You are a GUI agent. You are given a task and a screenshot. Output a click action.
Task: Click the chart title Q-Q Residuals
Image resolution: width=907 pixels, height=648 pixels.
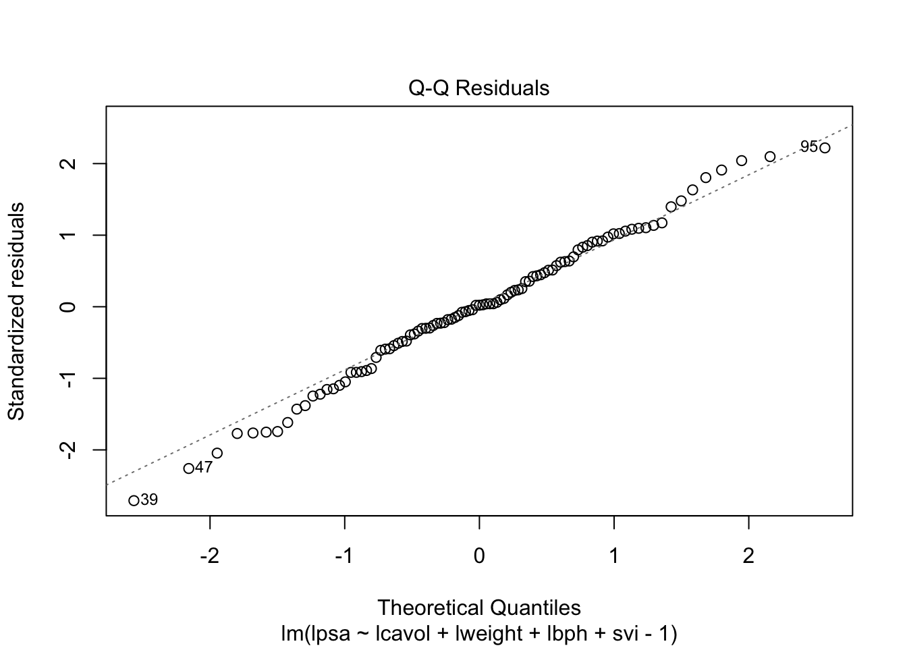479,88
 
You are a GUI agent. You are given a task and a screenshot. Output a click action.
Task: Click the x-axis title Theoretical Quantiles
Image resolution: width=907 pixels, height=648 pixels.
479,607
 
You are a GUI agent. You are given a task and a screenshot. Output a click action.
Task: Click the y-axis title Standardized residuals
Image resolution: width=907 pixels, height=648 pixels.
16,310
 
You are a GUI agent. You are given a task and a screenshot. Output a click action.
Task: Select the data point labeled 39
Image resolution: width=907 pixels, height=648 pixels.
134,500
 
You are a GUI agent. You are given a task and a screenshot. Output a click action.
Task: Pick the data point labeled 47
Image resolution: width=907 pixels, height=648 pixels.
189,468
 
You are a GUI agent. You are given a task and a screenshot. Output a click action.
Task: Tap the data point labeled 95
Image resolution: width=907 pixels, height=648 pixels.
825,148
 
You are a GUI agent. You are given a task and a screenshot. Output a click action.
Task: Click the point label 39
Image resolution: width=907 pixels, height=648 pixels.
149,500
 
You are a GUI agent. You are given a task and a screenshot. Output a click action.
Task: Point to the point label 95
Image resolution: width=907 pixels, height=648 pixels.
808,146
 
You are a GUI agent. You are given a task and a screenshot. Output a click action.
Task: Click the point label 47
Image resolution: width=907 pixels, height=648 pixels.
204,467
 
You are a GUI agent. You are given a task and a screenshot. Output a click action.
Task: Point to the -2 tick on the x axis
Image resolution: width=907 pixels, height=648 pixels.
210,557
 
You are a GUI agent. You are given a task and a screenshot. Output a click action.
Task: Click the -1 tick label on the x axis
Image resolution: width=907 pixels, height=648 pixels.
345,557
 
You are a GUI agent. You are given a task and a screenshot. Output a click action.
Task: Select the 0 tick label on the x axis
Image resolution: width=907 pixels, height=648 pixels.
479,557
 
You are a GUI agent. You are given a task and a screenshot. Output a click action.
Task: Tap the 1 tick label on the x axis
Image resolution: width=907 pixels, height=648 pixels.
614,557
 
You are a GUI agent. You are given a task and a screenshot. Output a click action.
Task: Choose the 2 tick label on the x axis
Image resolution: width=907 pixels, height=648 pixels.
748,557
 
